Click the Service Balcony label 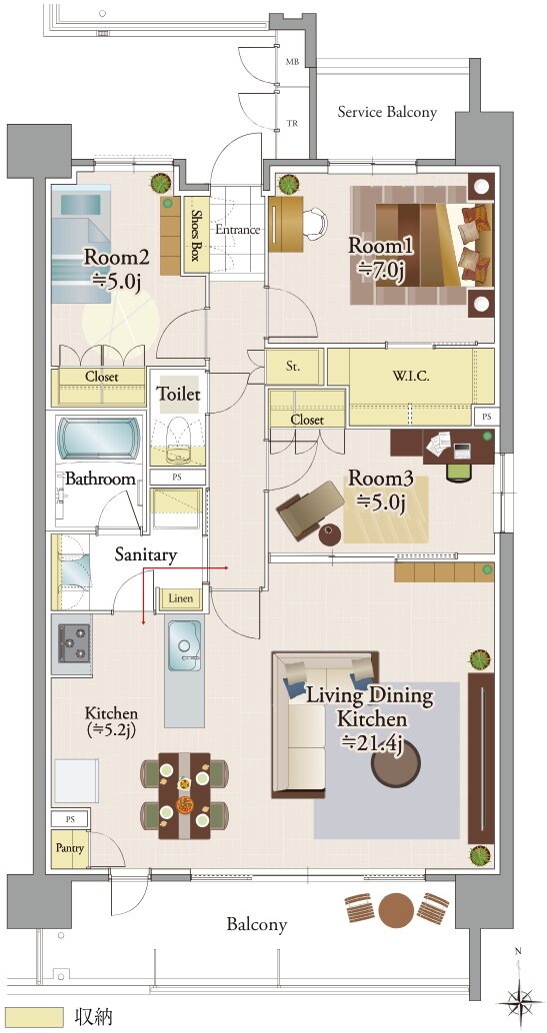tap(387, 112)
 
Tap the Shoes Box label tap(196, 235)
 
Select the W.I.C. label tap(411, 377)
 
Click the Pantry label tap(69, 848)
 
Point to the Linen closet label tap(181, 598)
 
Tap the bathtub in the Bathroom tap(100, 439)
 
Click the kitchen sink tap(184, 645)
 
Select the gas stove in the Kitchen tap(73, 643)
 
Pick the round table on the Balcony tap(397, 910)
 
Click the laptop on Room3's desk tap(462, 451)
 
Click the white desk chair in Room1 tap(315, 222)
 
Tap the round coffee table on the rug tap(396, 765)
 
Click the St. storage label tap(294, 368)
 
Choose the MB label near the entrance tap(292, 62)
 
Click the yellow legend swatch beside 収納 tap(33, 1017)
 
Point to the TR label tap(292, 123)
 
